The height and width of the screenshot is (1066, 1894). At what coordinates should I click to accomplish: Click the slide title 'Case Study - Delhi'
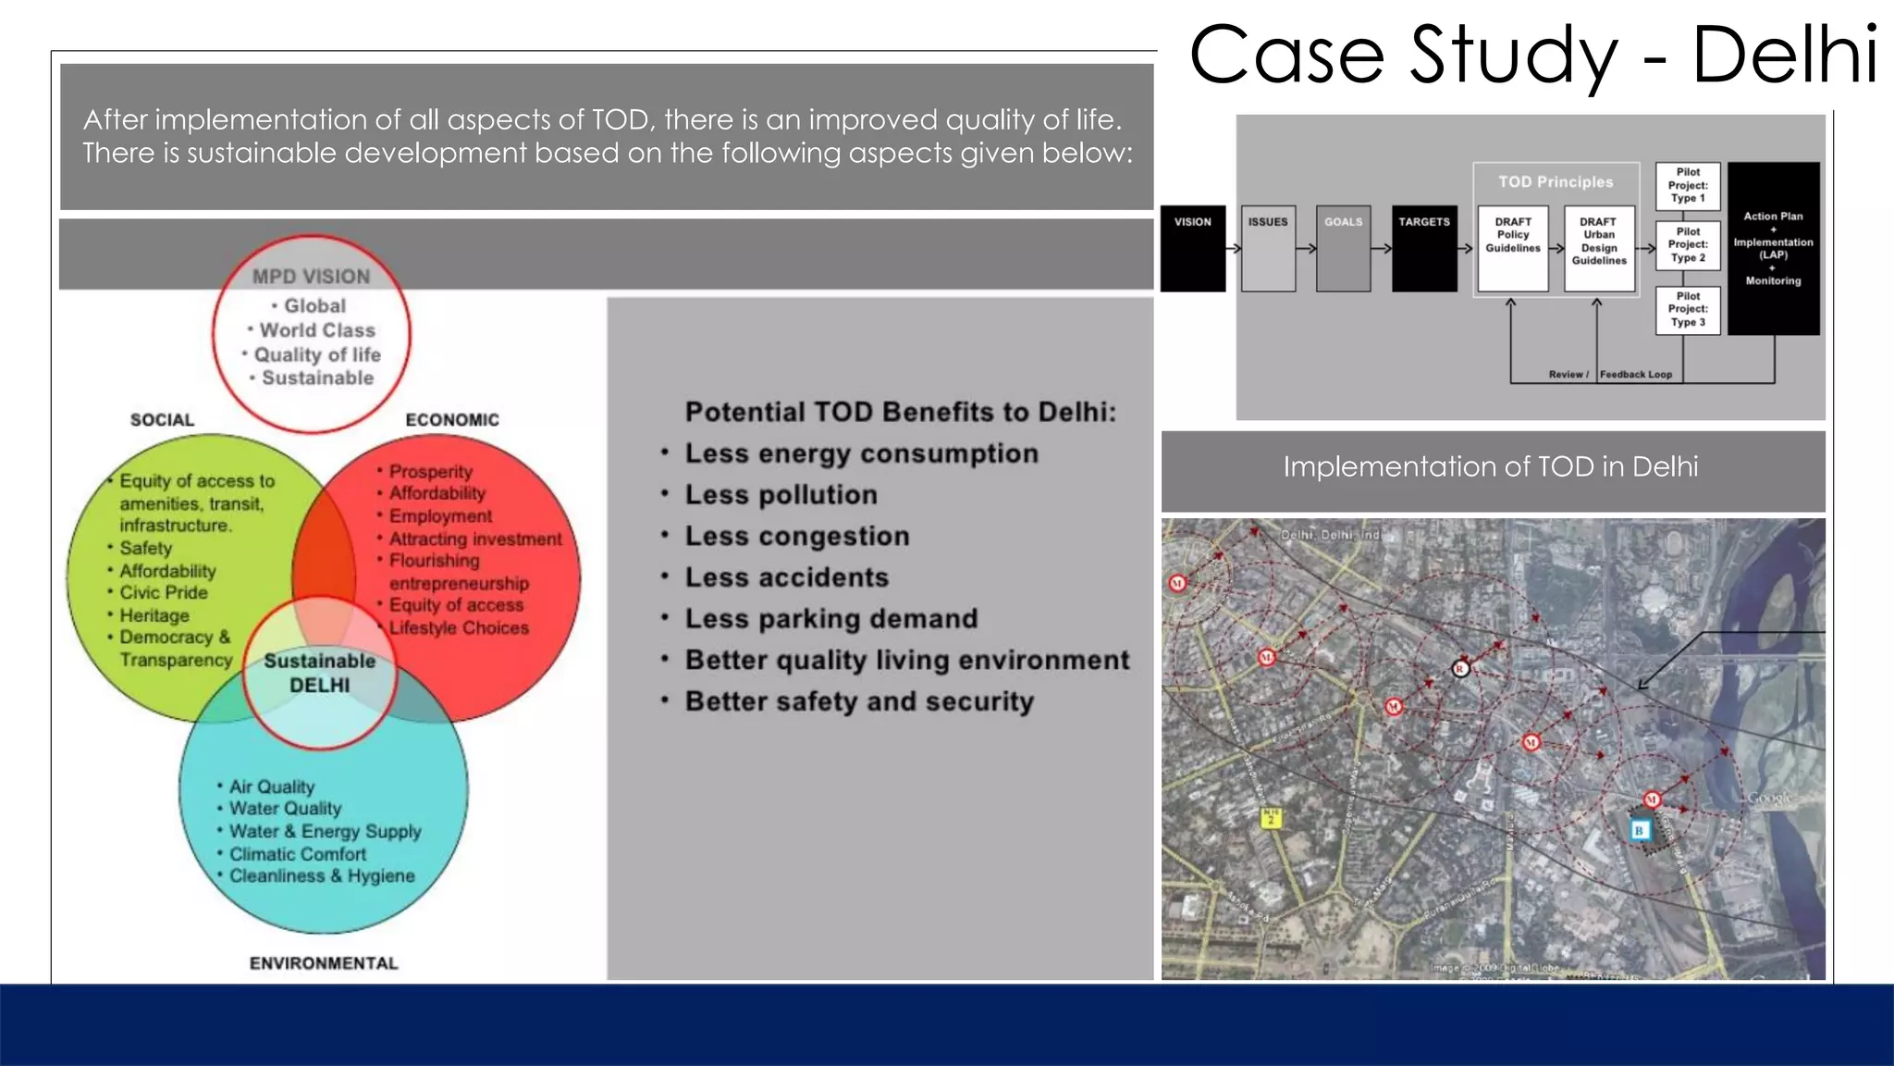click(x=1533, y=56)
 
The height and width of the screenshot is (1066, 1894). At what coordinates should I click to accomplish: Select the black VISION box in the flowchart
click(x=1193, y=248)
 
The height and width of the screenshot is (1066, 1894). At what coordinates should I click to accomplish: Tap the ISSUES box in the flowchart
click(x=1268, y=248)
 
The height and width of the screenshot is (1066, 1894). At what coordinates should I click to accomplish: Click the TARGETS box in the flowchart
click(x=1424, y=248)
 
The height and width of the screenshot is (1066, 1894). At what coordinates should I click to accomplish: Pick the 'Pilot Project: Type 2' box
click(x=1688, y=245)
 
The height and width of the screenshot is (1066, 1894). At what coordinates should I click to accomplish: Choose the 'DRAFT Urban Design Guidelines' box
click(x=1599, y=248)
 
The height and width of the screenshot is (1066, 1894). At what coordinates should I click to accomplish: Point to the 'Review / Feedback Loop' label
click(x=1610, y=375)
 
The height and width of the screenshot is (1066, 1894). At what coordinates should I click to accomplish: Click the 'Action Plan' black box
click(x=1773, y=248)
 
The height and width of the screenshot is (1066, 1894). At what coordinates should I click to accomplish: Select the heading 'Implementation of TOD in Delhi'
click(x=1491, y=467)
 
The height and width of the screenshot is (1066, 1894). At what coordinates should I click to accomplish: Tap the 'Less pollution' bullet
click(x=781, y=495)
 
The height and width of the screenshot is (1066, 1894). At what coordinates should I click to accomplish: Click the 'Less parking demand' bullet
click(x=830, y=619)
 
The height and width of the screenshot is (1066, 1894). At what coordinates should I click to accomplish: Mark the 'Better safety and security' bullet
click(x=859, y=701)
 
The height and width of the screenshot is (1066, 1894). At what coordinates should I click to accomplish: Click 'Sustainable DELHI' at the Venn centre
click(x=320, y=673)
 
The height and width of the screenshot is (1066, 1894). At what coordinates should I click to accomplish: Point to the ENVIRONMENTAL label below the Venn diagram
click(x=324, y=963)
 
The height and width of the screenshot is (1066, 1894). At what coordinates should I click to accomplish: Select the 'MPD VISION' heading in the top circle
click(x=311, y=277)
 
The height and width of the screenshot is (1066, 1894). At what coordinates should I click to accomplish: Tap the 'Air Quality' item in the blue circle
click(x=272, y=787)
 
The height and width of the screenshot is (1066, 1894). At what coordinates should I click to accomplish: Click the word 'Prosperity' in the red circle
click(x=430, y=472)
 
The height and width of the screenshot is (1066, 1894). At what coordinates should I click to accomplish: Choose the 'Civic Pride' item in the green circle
click(x=164, y=592)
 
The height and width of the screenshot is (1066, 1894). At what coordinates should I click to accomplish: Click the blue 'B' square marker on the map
click(x=1639, y=830)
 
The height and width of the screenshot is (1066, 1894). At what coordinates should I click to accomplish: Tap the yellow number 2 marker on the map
click(x=1271, y=818)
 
